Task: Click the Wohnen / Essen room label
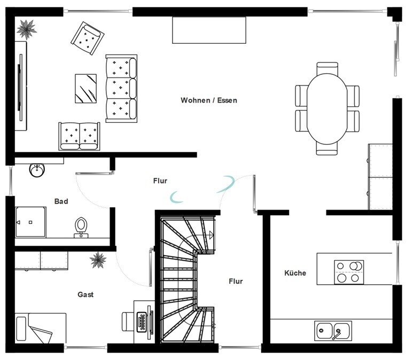[x=209, y=100]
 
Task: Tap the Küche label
[x=295, y=273]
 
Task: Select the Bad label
[x=61, y=201]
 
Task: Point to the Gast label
[x=85, y=294]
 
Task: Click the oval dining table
[x=327, y=109]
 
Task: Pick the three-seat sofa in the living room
[x=121, y=89]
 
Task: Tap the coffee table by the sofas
[x=85, y=89]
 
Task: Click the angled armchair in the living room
[x=88, y=38]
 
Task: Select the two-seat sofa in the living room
[x=79, y=136]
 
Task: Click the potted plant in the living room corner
[x=26, y=29]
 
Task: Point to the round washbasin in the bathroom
[x=37, y=170]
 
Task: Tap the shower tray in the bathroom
[x=30, y=222]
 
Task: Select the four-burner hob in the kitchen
[x=349, y=272]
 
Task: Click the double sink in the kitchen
[x=333, y=331]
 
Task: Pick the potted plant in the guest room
[x=98, y=260]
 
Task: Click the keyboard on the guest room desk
[x=142, y=322]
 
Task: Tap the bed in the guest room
[x=40, y=328]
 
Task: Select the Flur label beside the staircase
[x=236, y=281]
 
